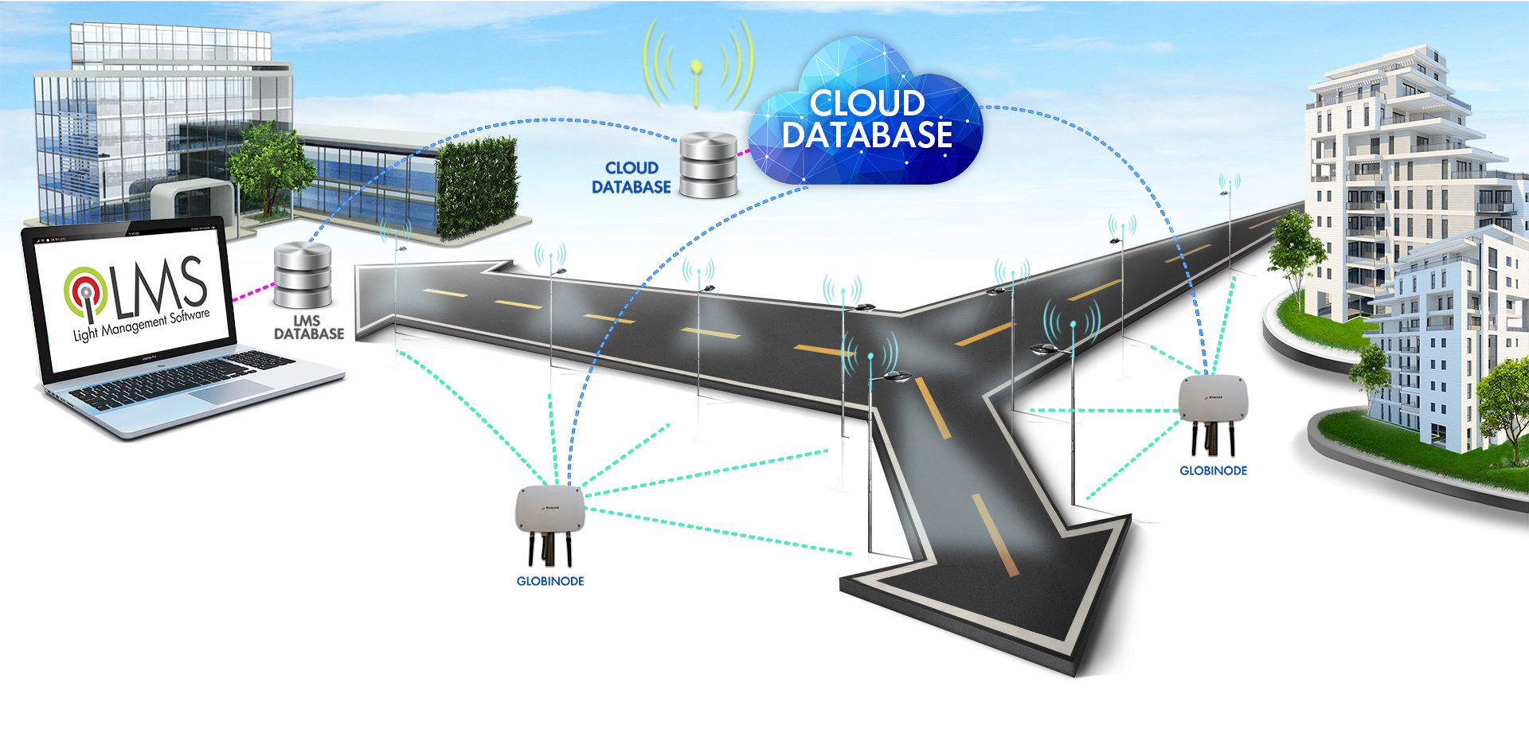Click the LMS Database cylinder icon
coord(303,275)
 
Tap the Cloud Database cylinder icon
coord(708,166)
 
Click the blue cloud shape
coord(868,119)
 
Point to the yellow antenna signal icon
coord(697,68)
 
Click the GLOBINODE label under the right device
coord(1213,470)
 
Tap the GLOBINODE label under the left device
coord(550,581)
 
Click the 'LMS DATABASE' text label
coord(309,327)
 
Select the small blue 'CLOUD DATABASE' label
coord(632,178)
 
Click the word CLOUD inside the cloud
coord(867,103)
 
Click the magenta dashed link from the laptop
coord(253,291)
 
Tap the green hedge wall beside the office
coord(477,187)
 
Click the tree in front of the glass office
coord(267,163)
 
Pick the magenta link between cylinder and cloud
coord(743,151)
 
